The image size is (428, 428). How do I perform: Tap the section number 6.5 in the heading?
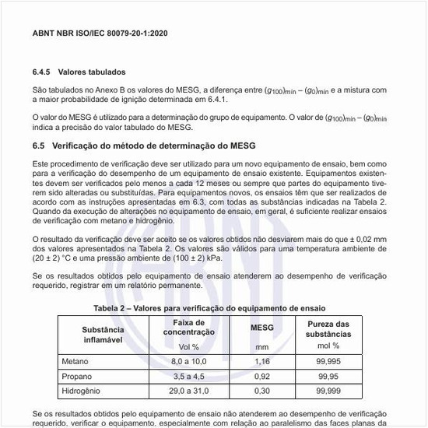coord(39,146)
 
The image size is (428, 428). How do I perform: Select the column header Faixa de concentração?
coord(189,328)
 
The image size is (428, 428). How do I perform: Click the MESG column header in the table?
coord(261,328)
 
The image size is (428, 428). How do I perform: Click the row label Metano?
coord(75,362)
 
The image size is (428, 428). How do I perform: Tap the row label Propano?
coord(76,376)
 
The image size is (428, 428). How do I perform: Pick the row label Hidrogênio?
coord(81,390)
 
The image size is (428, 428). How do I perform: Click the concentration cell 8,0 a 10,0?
coord(189,362)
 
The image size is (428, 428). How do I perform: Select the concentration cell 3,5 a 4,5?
coord(189,376)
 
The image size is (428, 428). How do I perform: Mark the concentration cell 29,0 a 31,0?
coord(189,390)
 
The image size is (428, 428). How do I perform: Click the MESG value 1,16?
coord(261,362)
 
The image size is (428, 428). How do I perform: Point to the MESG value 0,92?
coord(261,376)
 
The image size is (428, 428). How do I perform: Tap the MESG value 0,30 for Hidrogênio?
coord(261,390)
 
